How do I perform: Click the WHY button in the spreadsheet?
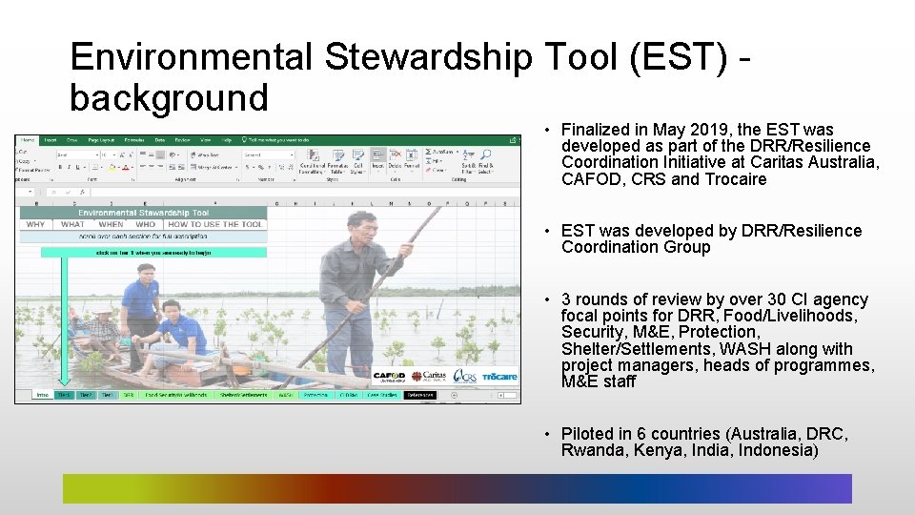point(35,225)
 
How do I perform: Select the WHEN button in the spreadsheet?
point(112,225)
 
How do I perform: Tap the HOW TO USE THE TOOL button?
point(215,225)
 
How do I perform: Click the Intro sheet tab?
point(42,394)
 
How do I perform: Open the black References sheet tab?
point(419,394)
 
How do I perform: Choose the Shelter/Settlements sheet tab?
point(242,394)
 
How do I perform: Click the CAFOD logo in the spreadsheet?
point(389,377)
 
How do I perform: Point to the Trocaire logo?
point(499,377)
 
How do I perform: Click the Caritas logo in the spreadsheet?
point(429,377)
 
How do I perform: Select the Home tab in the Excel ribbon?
point(30,139)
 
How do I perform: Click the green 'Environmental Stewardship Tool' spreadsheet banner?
point(143,213)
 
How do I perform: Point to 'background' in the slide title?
point(169,97)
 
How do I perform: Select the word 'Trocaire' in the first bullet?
point(735,179)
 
